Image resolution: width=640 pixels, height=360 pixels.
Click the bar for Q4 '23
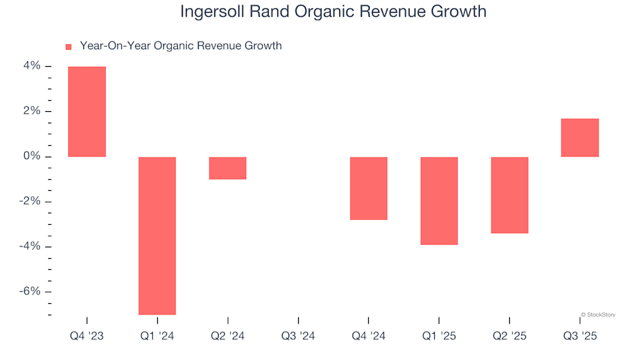pos(87,111)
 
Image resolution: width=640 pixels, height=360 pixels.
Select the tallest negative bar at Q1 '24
pos(157,235)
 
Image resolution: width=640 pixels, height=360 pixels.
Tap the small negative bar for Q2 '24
pos(227,168)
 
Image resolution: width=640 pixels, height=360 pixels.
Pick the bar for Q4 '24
pos(369,188)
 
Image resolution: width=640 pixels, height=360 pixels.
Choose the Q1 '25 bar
pos(439,201)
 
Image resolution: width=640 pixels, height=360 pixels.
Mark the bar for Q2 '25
pos(509,195)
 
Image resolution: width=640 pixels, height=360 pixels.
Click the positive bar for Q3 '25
pos(579,137)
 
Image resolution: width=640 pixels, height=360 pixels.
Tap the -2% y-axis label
pos(31,201)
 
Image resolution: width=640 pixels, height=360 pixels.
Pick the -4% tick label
pos(31,247)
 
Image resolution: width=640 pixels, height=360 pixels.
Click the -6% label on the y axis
pos(31,291)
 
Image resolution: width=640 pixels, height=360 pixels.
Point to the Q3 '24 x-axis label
pos(298,336)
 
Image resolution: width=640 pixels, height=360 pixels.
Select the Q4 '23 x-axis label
pos(87,336)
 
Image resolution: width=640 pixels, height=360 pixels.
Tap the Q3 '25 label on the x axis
pos(579,336)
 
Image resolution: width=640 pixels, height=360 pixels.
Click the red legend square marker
pos(68,47)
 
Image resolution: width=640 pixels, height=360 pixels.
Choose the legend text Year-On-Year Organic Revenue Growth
pos(181,46)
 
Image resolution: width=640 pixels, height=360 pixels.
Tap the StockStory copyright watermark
pos(598,314)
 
